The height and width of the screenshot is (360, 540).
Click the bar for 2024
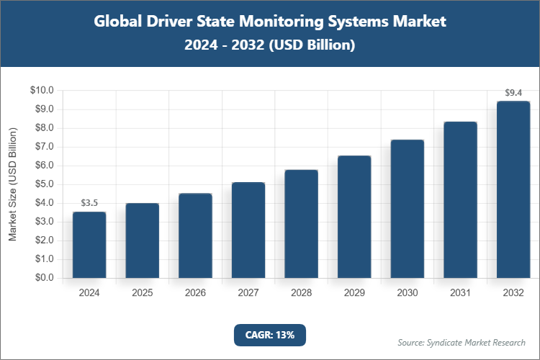[x=89, y=245]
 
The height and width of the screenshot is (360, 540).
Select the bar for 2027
[x=248, y=230]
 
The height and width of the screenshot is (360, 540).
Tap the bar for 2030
[x=408, y=209]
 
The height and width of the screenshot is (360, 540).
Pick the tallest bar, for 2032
[x=513, y=190]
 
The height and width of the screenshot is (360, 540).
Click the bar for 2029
[x=354, y=217]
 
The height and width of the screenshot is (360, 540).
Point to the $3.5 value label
[x=89, y=203]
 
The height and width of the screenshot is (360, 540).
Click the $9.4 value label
[x=513, y=93]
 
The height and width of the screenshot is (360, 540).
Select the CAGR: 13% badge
[x=270, y=335]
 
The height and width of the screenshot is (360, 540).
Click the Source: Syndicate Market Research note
[x=462, y=342]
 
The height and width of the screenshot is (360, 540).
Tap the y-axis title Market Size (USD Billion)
[x=12, y=185]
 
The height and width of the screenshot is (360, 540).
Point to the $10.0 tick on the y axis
[x=42, y=91]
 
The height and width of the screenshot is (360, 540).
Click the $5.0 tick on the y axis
[x=42, y=184]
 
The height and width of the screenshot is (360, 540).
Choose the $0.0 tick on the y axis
[x=42, y=278]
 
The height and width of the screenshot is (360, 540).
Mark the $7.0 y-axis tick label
[x=42, y=147]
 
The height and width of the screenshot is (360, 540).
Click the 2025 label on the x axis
[x=143, y=293]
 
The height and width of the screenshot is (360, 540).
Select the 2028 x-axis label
[x=302, y=293]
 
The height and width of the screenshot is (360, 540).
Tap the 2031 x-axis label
[x=461, y=293]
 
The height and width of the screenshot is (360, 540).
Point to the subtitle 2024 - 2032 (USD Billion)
[x=270, y=45]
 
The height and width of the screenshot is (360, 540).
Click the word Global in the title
[x=118, y=22]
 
